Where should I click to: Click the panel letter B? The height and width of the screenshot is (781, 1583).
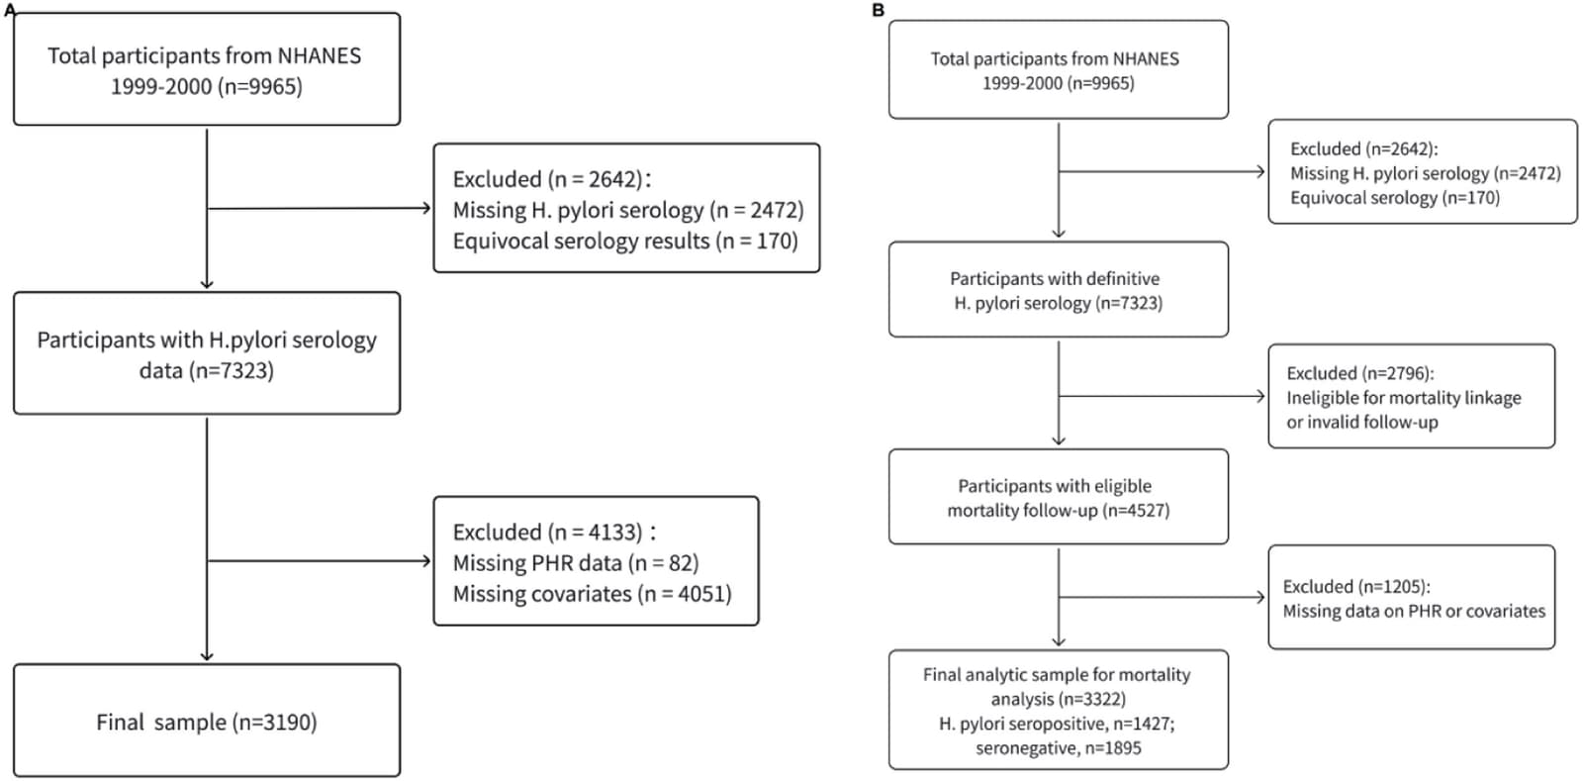(x=879, y=11)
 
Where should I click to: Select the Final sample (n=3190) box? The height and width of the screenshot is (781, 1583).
(x=207, y=721)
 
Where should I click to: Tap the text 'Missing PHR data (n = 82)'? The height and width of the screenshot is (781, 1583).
(x=575, y=562)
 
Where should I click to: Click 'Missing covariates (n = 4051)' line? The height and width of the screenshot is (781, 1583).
(x=593, y=594)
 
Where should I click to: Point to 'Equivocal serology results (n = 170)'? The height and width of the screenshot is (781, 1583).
(x=625, y=241)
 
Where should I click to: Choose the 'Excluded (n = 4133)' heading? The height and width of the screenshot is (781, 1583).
(x=548, y=532)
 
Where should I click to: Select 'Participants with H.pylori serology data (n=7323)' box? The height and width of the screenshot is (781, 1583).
(x=207, y=352)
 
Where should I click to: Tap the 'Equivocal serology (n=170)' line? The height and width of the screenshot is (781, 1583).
(x=1395, y=197)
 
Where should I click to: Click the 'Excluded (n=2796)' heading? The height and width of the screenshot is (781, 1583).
(x=1360, y=373)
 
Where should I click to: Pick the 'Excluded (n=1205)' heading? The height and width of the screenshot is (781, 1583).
(x=1356, y=587)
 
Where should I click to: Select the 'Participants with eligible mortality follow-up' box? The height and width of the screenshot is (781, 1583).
(x=1059, y=496)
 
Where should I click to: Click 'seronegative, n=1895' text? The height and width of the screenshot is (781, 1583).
(x=1059, y=747)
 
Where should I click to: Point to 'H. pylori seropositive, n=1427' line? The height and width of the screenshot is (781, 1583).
(x=1058, y=724)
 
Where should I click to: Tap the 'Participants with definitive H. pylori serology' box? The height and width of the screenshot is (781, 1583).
(x=1059, y=289)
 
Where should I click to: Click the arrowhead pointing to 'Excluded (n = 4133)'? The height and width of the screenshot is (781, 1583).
(x=426, y=561)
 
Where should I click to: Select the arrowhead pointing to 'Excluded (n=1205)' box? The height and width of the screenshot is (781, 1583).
(x=1260, y=597)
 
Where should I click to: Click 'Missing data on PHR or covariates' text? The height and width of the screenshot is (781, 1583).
(x=1414, y=611)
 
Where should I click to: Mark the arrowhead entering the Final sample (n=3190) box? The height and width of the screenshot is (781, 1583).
(x=207, y=656)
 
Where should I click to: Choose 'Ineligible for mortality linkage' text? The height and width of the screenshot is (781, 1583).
(x=1404, y=398)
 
